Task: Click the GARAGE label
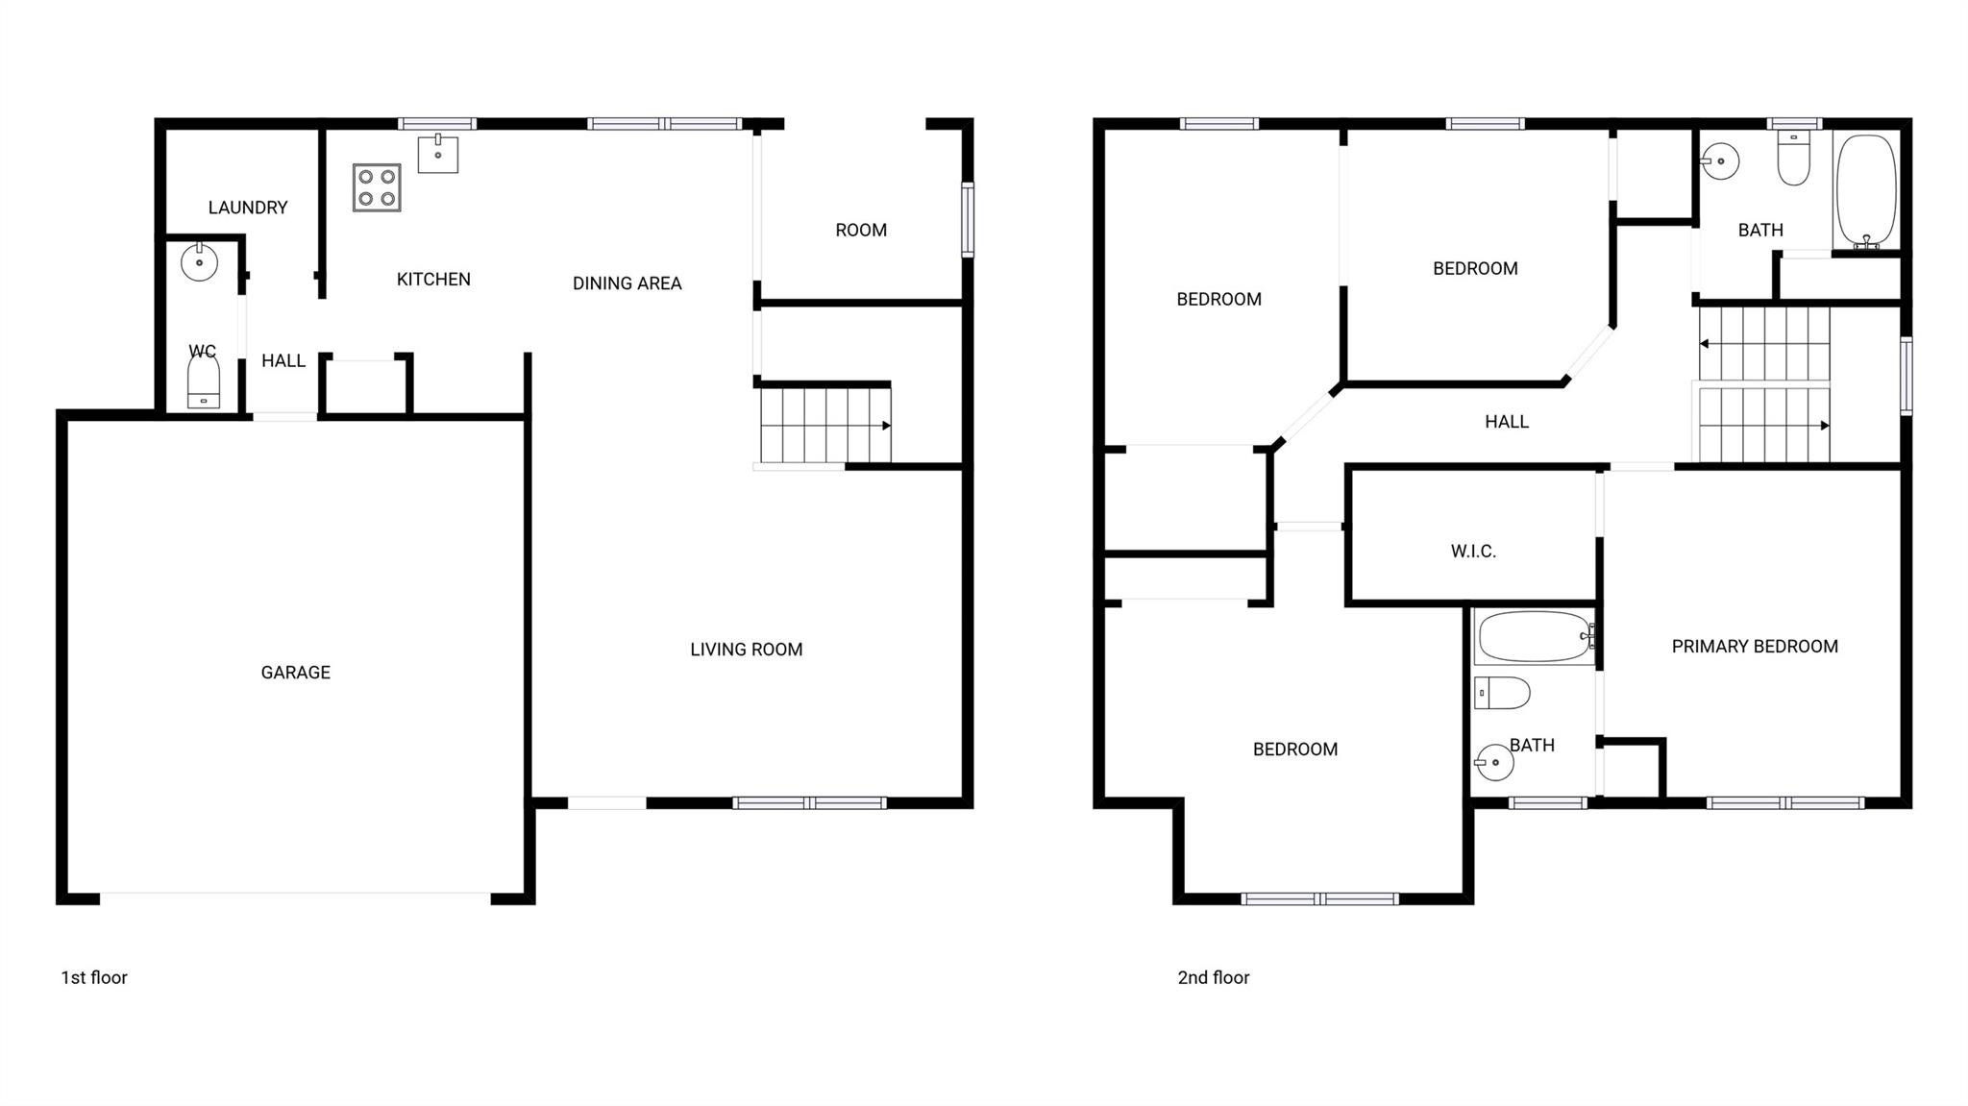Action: point(295,673)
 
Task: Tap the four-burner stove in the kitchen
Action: point(377,187)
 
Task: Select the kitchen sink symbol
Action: point(438,154)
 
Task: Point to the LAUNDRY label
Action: point(248,208)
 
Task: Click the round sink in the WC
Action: point(200,262)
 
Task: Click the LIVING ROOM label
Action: point(746,650)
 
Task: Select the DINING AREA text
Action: point(627,283)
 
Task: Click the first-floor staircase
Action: point(824,425)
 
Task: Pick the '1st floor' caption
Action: point(94,977)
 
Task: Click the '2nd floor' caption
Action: point(1213,977)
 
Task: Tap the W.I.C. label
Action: point(1473,552)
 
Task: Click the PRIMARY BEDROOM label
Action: point(1755,647)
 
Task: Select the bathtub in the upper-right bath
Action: point(1866,191)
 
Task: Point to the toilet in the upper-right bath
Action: point(1793,160)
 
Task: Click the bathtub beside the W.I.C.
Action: point(1534,636)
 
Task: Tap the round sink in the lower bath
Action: point(1495,763)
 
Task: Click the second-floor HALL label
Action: point(1506,422)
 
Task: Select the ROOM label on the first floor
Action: point(860,231)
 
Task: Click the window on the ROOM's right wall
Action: point(968,219)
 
